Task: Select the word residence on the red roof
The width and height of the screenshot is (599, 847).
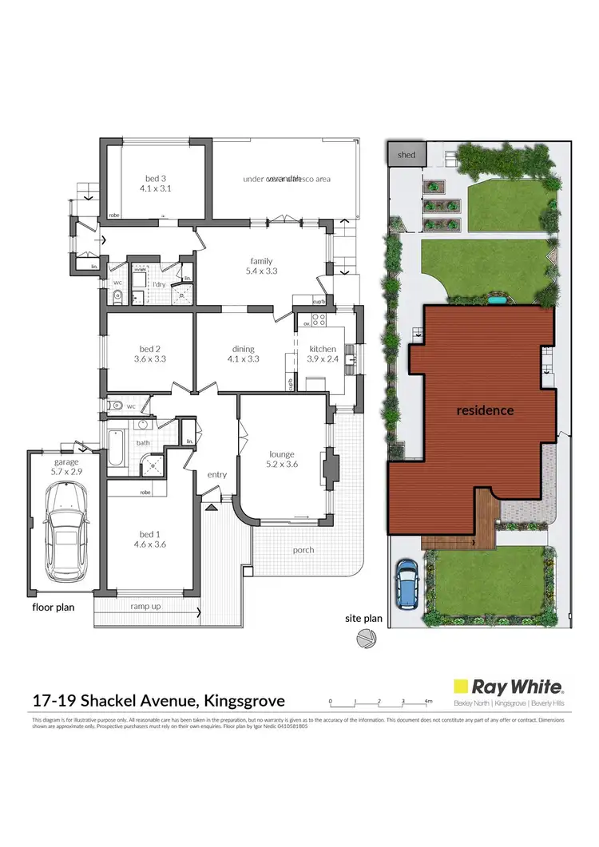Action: (485, 410)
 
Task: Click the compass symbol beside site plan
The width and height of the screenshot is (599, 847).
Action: (366, 638)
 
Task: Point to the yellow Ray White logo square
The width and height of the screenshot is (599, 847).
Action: (461, 686)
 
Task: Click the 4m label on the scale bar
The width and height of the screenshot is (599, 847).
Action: (429, 701)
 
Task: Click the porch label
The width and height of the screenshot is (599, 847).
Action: (303, 549)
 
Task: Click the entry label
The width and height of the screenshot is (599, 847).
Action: (217, 474)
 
